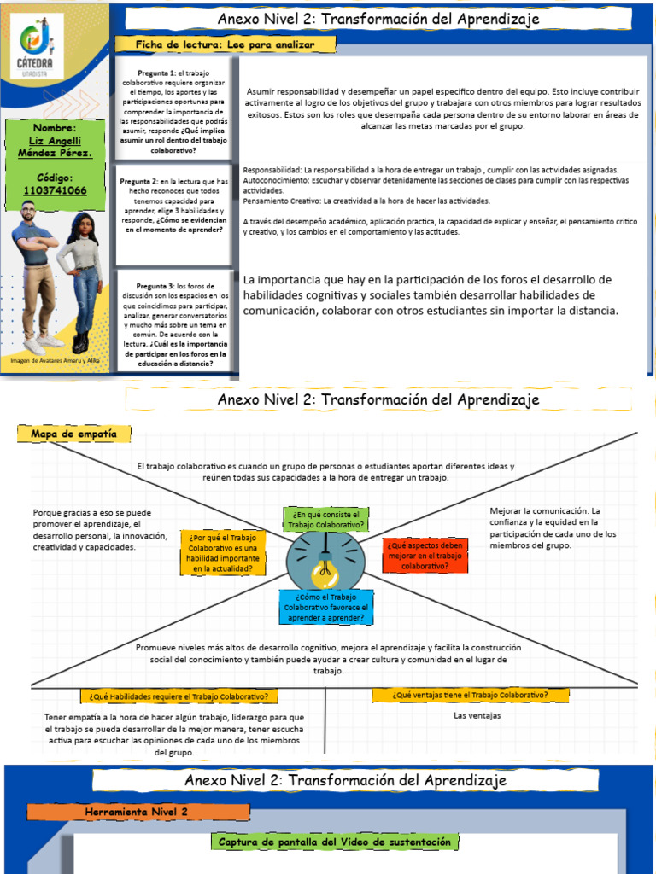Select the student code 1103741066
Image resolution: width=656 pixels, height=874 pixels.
point(56,190)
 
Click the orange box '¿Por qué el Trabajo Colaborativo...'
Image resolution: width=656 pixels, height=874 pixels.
point(224,552)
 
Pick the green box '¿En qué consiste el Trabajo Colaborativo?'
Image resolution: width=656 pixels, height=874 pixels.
point(328,520)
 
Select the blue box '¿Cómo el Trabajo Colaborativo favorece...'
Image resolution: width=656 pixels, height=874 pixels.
point(325,607)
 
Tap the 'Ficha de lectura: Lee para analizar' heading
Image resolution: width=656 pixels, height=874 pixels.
point(225,44)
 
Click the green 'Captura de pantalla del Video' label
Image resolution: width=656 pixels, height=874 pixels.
point(334,842)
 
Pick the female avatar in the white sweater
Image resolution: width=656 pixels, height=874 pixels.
point(83,282)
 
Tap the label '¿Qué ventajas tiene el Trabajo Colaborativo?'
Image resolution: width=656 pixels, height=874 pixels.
point(470,695)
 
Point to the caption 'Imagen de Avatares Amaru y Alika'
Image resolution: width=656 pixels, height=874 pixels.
point(56,360)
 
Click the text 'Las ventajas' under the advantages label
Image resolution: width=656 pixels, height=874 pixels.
point(477,715)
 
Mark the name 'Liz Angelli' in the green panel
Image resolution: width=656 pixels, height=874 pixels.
point(56,140)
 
